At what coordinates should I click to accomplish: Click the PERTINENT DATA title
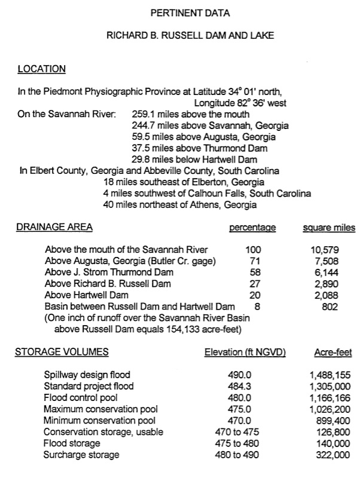click(190, 12)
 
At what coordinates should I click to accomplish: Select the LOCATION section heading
click(41, 69)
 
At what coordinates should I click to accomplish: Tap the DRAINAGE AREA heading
click(54, 227)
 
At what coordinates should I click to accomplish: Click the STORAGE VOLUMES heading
click(62, 352)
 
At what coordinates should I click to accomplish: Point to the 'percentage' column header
click(252, 227)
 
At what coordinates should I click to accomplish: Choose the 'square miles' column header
click(329, 227)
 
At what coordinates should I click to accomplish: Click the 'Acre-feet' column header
click(332, 353)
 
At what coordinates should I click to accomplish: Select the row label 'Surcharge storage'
click(81, 455)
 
